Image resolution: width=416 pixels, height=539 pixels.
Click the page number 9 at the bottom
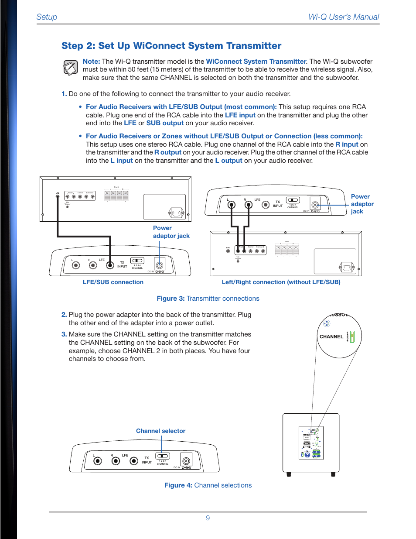[x=208, y=518]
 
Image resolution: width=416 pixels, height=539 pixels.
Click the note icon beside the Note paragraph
[x=71, y=68]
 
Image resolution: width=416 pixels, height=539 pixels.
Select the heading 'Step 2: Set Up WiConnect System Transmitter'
[x=171, y=46]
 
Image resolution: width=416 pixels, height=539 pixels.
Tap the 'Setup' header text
[x=47, y=17]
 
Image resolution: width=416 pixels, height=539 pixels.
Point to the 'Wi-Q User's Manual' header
[x=344, y=17]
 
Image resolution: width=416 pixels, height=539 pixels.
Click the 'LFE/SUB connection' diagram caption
[x=113, y=282]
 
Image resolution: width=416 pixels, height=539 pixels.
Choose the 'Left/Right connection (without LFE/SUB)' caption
[x=281, y=282]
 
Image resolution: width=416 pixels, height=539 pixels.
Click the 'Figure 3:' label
[x=170, y=299]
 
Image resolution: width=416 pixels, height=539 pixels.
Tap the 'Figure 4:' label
[x=178, y=485]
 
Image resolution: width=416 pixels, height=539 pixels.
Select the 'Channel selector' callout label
[x=160, y=431]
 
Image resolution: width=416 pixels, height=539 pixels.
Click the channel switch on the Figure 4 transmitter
[x=162, y=456]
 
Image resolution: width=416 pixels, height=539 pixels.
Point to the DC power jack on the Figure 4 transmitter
[x=186, y=461]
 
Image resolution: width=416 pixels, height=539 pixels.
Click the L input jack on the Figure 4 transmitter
[x=98, y=461]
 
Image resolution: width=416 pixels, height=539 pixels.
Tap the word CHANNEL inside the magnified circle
[x=331, y=337]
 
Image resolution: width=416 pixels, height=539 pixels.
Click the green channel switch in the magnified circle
[x=352, y=336]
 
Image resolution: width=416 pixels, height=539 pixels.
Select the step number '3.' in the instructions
[x=64, y=334]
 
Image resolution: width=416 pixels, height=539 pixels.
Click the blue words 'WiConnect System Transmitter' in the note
[x=256, y=62]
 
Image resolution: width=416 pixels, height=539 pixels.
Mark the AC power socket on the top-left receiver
[x=176, y=213]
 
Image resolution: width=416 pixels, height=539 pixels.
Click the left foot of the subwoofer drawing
[x=288, y=474]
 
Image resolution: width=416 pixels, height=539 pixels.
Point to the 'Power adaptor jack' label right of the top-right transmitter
[x=362, y=204]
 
